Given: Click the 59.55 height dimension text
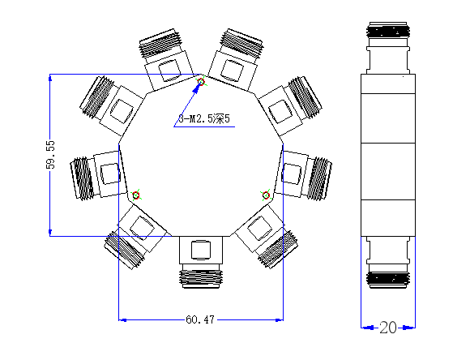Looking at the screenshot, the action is (52, 155).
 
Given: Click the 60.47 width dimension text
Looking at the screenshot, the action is (200, 319).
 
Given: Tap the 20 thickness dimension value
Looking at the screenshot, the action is (388, 328).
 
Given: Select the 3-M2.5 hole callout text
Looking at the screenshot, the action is (204, 119).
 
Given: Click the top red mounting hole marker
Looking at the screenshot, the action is (201, 82).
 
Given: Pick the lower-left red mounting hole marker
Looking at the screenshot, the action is (136, 195).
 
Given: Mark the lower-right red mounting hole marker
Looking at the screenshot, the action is (266, 195).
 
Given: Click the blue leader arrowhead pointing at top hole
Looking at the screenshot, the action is (196, 88).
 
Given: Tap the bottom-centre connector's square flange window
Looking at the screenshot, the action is (201, 250).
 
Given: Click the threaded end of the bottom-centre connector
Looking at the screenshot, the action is (201, 278).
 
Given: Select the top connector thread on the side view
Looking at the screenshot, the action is (388, 31).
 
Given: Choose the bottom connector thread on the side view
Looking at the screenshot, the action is (388, 280).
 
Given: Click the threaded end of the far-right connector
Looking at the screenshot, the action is (320, 178).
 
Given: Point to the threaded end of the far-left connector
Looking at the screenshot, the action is (82, 178).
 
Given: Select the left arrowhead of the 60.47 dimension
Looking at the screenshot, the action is (122, 320).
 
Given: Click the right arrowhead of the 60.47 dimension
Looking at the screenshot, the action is (280, 320).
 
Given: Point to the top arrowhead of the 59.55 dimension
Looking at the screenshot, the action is (50, 77).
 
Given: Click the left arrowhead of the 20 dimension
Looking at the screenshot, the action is (367, 328).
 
